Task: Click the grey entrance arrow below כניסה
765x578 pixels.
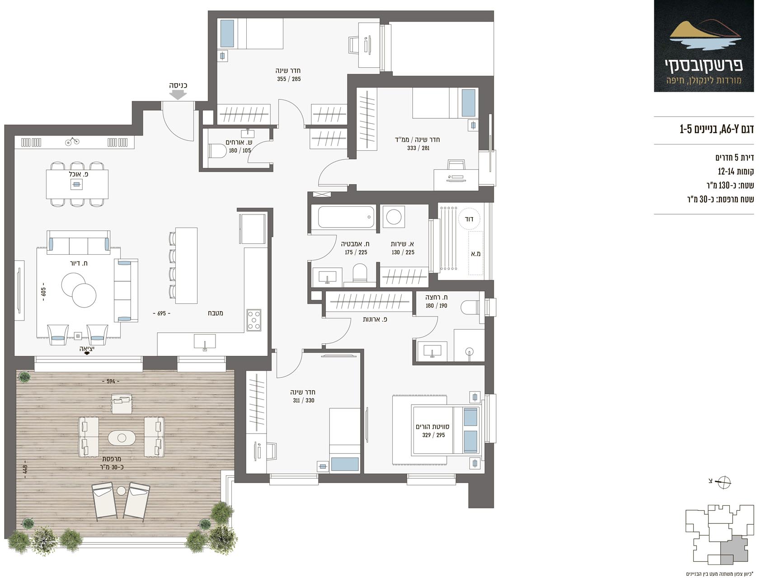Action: tap(178, 94)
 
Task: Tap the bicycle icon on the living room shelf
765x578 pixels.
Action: tap(72, 142)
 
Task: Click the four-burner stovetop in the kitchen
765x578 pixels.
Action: tap(254, 320)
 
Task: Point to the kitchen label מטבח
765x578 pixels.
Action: tap(216, 313)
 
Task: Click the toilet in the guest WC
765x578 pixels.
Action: tap(217, 151)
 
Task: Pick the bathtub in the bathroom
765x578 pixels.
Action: tap(346, 217)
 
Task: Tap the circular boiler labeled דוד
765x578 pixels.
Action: tap(469, 219)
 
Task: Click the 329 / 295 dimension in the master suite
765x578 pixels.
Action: tap(433, 435)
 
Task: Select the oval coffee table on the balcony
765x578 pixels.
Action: tap(122, 438)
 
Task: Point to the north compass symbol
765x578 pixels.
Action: tap(724, 482)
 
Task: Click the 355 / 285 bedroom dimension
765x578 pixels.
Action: tap(289, 79)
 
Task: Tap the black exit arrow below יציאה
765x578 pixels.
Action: tap(87, 354)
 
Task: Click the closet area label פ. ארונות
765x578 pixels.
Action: tap(375, 319)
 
